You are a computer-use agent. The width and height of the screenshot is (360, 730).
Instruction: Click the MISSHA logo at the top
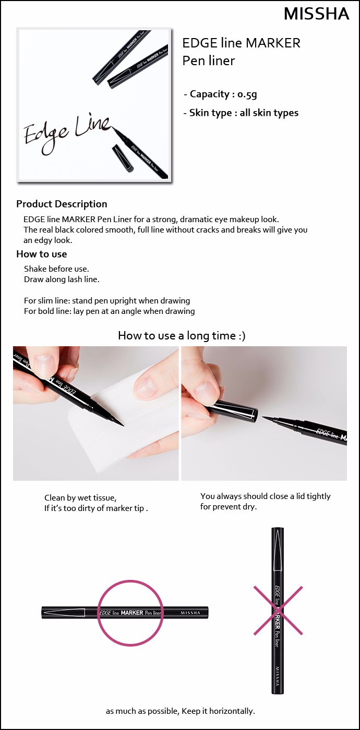[317, 14]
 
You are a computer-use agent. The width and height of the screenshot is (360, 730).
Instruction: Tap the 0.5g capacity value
[247, 94]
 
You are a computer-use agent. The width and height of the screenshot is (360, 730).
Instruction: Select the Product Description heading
[62, 204]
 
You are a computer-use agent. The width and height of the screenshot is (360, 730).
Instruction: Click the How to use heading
[41, 254]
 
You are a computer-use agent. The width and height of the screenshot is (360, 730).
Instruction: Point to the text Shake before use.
[56, 269]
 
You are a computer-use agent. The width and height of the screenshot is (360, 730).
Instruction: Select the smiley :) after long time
[242, 336]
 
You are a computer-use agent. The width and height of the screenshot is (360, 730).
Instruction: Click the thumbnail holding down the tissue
[145, 385]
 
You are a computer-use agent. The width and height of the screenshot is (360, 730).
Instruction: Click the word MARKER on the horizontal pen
[131, 613]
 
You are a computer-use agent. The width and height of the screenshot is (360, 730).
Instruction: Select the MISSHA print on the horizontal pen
[190, 613]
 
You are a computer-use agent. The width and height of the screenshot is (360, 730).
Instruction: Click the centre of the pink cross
[278, 611]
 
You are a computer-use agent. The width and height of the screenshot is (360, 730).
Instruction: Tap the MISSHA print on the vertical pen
[278, 676]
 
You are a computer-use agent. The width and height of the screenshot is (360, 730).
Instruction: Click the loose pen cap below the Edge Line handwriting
[123, 159]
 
